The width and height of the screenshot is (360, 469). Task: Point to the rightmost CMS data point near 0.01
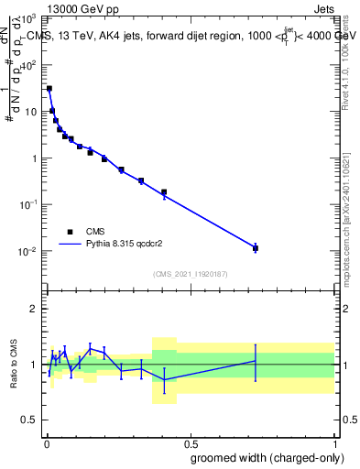[x=256, y=248]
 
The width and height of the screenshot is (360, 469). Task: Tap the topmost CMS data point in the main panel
[x=49, y=89]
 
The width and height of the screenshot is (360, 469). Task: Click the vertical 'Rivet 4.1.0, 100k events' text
[x=345, y=60]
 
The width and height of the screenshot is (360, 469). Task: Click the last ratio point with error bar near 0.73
[x=256, y=361]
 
